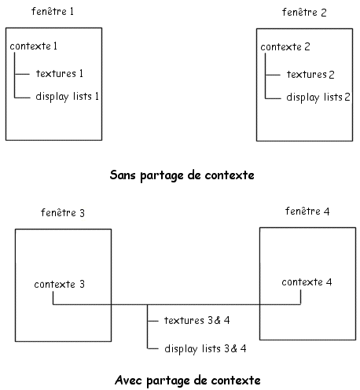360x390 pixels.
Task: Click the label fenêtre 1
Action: (x=53, y=12)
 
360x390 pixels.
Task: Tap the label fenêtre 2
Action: (x=304, y=13)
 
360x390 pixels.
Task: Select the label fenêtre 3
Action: (x=63, y=212)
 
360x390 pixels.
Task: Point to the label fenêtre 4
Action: (x=307, y=211)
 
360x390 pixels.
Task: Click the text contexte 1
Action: (x=33, y=46)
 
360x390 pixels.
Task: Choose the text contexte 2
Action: (x=285, y=47)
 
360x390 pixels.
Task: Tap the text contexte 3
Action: (x=60, y=284)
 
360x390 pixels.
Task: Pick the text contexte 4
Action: (x=307, y=282)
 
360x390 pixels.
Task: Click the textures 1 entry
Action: (x=60, y=74)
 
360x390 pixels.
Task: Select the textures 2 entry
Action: (x=310, y=75)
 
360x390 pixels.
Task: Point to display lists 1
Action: (x=67, y=97)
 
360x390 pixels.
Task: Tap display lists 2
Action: (x=318, y=97)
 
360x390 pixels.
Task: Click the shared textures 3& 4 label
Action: (x=197, y=320)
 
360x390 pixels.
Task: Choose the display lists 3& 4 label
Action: (x=205, y=349)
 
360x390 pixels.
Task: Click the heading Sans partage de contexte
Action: (x=182, y=175)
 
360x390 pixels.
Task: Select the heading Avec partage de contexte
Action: (x=188, y=381)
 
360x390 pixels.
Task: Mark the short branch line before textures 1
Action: (x=22, y=74)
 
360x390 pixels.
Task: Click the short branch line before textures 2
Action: (x=273, y=75)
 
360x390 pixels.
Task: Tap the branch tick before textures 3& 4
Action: (x=153, y=321)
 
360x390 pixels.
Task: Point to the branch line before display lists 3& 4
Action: (x=153, y=349)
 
